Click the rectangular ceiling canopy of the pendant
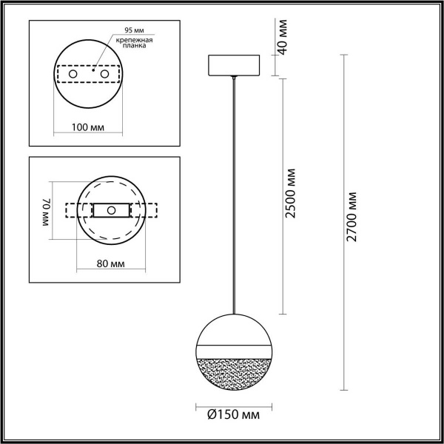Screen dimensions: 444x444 pyautogui.click(x=234, y=65)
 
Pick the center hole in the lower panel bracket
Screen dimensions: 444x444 pyautogui.click(x=111, y=210)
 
